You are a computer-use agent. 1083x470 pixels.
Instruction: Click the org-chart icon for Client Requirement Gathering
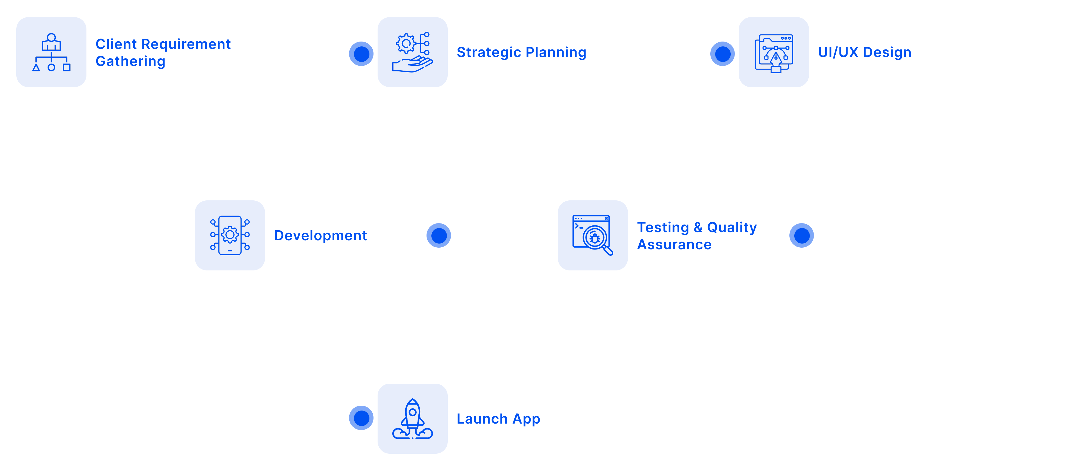click(x=51, y=52)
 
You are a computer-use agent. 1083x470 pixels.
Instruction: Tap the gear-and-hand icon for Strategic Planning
click(x=412, y=52)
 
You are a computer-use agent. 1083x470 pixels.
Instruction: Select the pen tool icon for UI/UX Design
click(x=774, y=53)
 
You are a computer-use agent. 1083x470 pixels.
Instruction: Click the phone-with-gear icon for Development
click(x=230, y=235)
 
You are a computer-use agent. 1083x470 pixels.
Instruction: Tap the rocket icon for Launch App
click(x=412, y=419)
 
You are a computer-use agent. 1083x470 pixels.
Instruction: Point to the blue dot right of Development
click(x=438, y=235)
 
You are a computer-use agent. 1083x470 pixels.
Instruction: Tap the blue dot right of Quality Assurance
click(x=801, y=235)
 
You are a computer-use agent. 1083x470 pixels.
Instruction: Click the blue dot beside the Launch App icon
click(x=361, y=418)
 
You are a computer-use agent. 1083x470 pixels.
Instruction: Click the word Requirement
click(x=186, y=44)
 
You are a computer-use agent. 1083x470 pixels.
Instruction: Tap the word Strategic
click(x=489, y=52)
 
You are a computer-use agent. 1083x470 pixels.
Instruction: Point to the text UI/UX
click(x=838, y=52)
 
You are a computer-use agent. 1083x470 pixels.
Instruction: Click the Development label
click(x=320, y=236)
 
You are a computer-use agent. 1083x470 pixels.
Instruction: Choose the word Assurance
click(x=674, y=244)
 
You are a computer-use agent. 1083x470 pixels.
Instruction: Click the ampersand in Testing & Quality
click(x=698, y=227)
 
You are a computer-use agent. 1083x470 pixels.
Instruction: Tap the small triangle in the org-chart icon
click(x=36, y=67)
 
